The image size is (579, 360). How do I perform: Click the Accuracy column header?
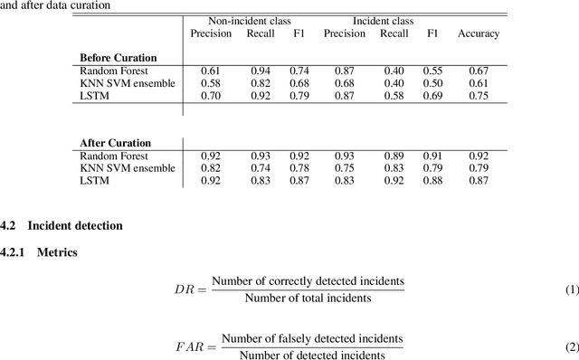coord(478,33)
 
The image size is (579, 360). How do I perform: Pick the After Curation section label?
coord(115,143)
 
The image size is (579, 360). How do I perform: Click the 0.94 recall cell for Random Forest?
coord(260,71)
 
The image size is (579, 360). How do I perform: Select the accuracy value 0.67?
coord(478,71)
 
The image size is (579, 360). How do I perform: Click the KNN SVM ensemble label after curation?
coord(125,167)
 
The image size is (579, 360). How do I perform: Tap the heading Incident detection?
coord(75,224)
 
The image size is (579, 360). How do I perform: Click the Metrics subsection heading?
coord(56,252)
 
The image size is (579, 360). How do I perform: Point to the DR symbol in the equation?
coord(185,289)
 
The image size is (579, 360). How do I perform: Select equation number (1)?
coord(571,289)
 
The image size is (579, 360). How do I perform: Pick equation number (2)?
coord(571,346)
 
